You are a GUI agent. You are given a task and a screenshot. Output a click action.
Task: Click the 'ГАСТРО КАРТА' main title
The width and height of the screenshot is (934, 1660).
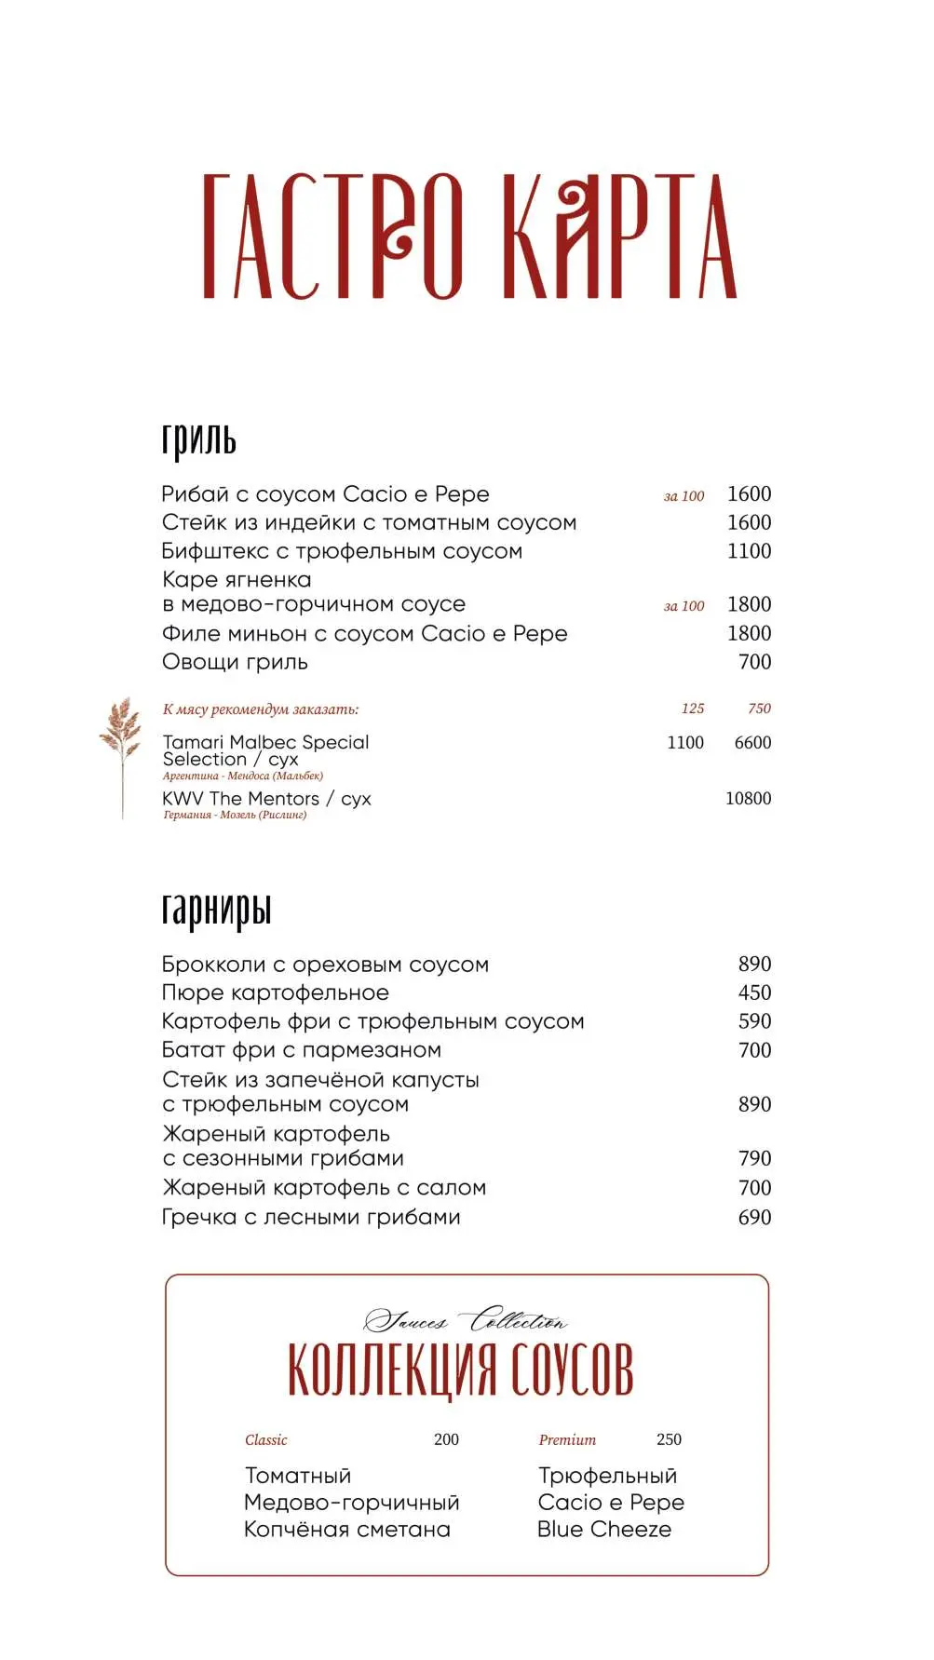click(469, 236)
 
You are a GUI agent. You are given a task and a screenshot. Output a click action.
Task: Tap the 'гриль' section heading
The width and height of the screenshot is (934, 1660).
click(198, 439)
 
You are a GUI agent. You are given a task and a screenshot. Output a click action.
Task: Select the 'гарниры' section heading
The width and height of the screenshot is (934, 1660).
click(216, 910)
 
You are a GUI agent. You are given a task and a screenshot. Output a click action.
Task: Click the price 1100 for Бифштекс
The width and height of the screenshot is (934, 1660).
click(749, 551)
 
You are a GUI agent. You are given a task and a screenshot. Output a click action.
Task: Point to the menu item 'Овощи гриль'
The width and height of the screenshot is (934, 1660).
click(235, 662)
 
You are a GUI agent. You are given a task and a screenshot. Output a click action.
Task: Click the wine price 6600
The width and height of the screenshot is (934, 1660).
click(752, 743)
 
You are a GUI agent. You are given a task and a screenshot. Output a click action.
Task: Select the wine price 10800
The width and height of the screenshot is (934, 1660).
click(748, 799)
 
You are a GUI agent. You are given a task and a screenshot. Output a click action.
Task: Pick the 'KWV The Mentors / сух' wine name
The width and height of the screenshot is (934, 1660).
click(266, 799)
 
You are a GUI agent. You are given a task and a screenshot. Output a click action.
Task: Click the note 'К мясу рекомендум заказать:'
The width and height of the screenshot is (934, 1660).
click(261, 709)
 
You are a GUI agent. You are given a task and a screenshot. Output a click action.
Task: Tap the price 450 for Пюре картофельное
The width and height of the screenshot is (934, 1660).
click(754, 993)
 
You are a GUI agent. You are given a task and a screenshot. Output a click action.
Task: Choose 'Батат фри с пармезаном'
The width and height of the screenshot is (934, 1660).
click(302, 1050)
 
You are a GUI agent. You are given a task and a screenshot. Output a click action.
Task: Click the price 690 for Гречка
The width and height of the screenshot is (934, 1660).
click(754, 1218)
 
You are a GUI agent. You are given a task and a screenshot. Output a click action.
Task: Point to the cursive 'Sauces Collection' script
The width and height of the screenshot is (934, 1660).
click(465, 1320)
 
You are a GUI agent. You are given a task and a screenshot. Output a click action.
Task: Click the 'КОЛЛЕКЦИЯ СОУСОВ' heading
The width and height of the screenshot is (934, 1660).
click(461, 1370)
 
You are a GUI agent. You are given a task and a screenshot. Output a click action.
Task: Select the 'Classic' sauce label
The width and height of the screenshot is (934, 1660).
click(266, 1440)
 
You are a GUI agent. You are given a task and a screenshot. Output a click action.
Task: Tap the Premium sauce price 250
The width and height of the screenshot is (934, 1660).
click(669, 1440)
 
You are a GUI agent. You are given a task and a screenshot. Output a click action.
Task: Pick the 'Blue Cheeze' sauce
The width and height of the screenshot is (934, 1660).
click(604, 1530)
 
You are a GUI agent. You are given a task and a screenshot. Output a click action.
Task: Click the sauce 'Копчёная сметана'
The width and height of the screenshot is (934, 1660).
click(347, 1530)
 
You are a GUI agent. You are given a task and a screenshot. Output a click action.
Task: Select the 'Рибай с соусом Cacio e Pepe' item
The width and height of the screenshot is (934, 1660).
click(325, 494)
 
